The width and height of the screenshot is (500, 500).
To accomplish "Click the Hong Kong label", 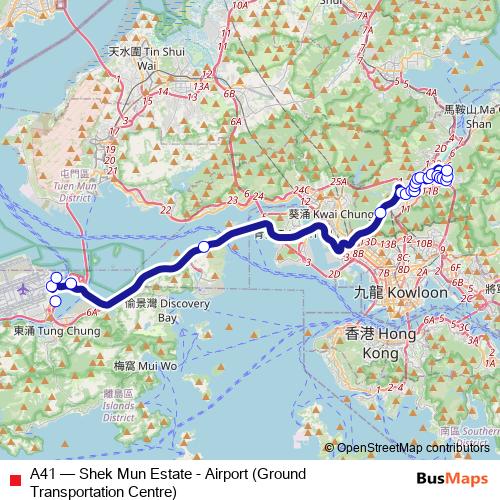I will pos(371,340).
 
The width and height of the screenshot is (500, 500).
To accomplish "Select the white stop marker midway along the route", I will pos(204,247).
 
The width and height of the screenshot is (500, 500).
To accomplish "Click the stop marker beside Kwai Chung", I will pos(381,213).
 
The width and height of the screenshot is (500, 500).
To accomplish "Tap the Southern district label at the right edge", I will pos(481,432).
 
